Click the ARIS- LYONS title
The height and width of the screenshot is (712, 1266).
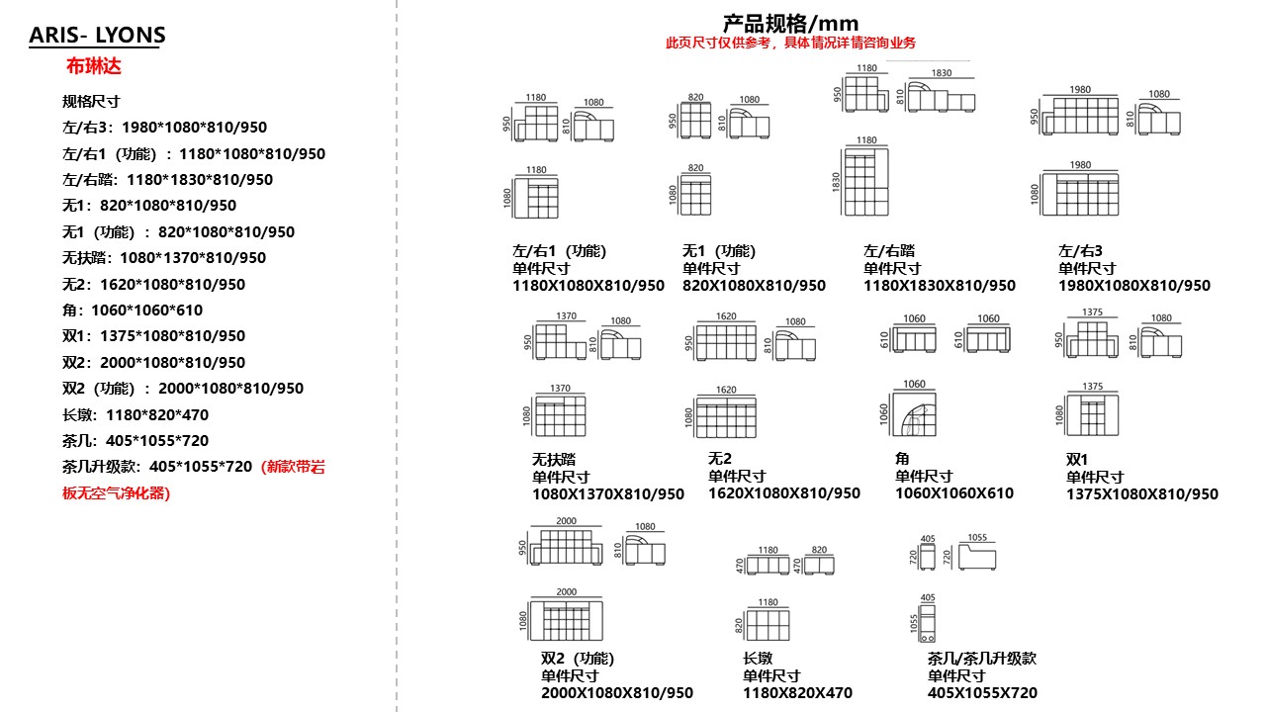pos(97,37)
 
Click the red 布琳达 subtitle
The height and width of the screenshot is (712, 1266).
pos(93,67)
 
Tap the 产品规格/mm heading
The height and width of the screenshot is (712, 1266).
pos(790,24)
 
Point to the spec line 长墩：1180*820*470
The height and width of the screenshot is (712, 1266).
pos(136,414)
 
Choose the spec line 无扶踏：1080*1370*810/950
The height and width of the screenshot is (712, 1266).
pos(164,257)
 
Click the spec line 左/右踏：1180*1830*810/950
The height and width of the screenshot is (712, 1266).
pos(167,179)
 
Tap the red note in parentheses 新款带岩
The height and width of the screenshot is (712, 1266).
pos(293,467)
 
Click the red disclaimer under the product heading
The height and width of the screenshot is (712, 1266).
pos(790,43)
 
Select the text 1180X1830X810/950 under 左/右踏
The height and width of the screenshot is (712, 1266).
pos(939,286)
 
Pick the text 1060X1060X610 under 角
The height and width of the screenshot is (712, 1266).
pos(953,493)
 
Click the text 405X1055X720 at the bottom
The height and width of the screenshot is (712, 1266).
pos(982,693)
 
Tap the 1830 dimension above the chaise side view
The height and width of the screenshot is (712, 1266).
pos(941,73)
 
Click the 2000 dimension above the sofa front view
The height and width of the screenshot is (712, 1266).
pos(566,521)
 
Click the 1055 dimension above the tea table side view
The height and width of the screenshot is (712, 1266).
pos(976,539)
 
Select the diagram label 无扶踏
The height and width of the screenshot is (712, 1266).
pos(554,459)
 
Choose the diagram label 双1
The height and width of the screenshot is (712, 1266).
pos(1076,459)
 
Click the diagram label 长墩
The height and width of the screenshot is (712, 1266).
pos(757,658)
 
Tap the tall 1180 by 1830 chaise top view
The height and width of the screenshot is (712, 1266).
pos(865,181)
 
